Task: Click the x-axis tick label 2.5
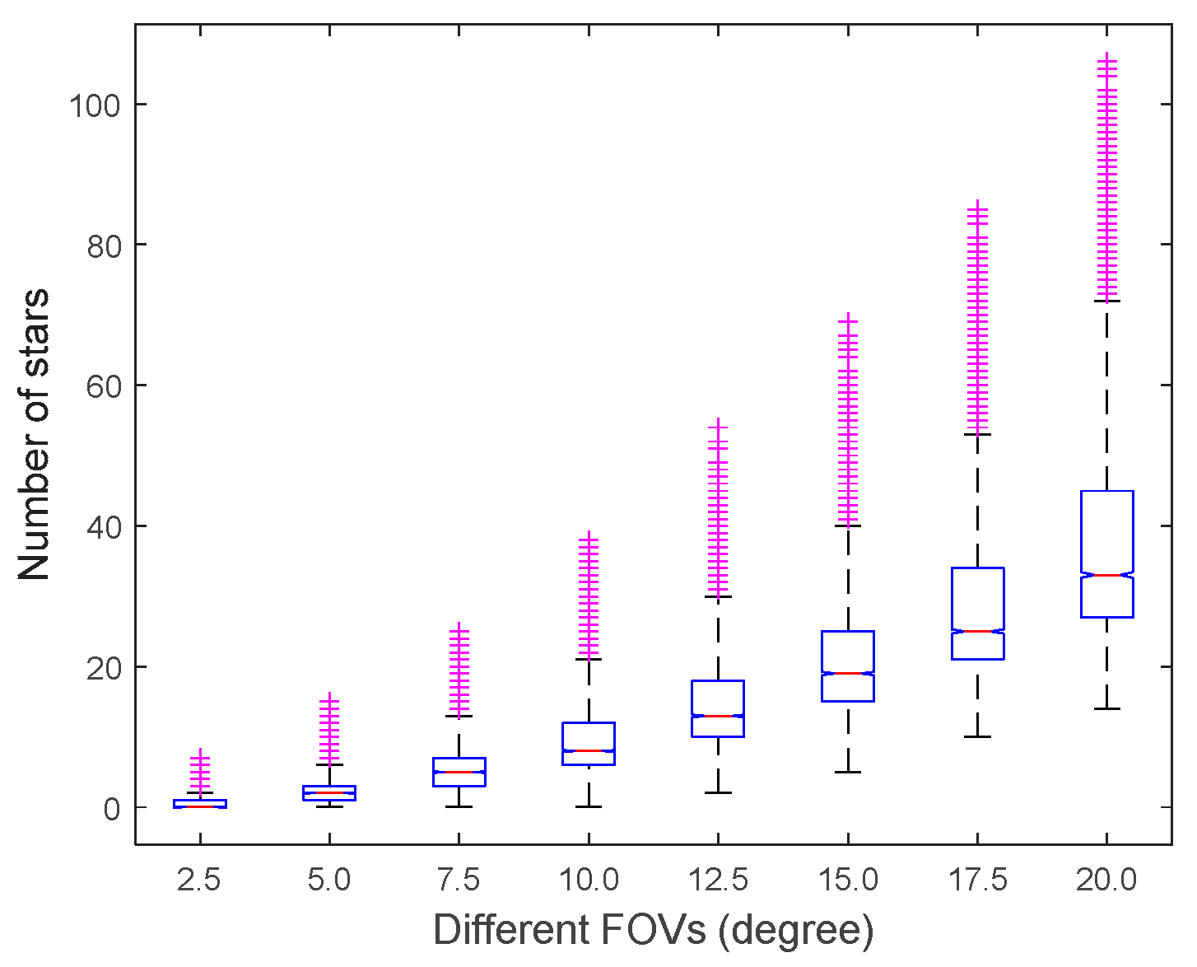tap(199, 881)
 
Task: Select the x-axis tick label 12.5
tap(718, 881)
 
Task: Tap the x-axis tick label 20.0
tap(1106, 881)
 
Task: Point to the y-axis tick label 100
tap(95, 105)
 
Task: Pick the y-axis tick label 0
tap(113, 808)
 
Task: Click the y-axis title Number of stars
tap(34, 434)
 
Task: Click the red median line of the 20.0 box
tap(1106, 575)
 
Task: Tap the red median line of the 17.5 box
tap(977, 631)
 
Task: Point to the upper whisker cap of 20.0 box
tap(1106, 301)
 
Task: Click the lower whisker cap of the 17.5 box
tap(977, 736)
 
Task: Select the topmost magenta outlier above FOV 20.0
tap(1106, 58)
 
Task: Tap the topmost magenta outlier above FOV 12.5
tap(718, 425)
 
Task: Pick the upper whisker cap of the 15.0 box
tap(847, 526)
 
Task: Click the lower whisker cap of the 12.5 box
tap(718, 792)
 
